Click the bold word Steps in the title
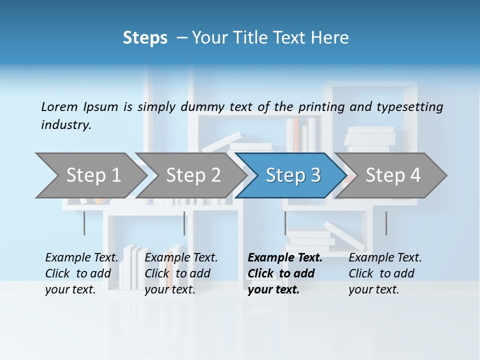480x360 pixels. (x=145, y=38)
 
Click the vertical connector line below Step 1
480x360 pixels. (x=84, y=223)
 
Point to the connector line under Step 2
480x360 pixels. (x=184, y=223)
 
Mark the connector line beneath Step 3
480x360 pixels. (x=285, y=223)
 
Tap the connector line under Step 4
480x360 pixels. (x=386, y=223)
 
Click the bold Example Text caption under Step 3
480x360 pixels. (x=284, y=273)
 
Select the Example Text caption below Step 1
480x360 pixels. (x=81, y=273)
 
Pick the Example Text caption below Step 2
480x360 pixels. (x=181, y=273)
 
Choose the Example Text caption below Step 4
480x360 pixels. (x=385, y=273)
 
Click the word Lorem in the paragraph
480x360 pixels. (x=59, y=106)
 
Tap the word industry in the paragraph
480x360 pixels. (x=65, y=125)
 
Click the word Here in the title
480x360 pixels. (x=332, y=38)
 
